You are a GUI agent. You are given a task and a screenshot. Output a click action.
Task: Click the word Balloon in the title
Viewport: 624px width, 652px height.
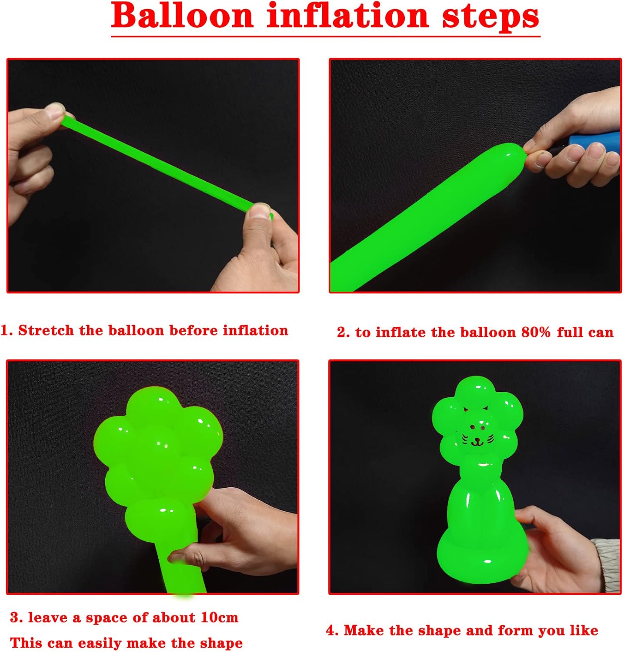coord(182,16)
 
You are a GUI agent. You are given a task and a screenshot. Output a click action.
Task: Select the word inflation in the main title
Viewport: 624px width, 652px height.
coord(348,16)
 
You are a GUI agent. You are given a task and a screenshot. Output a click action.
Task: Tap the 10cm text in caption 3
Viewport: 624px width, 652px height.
coord(219,618)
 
